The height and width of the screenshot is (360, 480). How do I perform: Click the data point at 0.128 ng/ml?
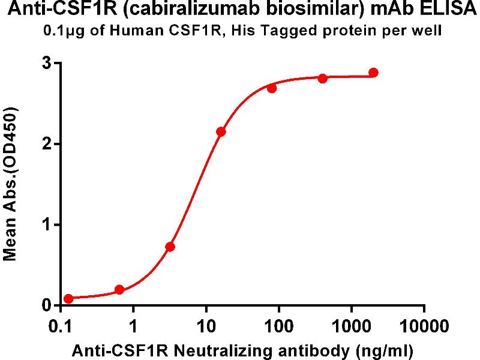68,299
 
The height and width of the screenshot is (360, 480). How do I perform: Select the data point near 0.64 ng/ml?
119,290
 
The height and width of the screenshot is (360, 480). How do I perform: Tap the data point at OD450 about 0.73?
170,247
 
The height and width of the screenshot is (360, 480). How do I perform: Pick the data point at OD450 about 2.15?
221,131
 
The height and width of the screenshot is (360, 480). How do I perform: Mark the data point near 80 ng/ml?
272,88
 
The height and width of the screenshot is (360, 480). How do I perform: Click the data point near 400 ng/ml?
323,79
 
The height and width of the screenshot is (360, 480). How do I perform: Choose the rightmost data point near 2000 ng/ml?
373,73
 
